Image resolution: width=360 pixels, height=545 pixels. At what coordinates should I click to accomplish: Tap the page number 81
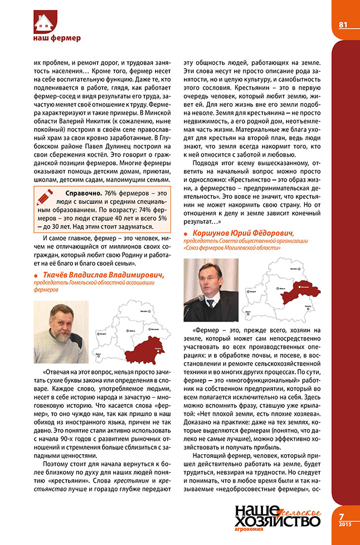(x=343, y=24)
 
